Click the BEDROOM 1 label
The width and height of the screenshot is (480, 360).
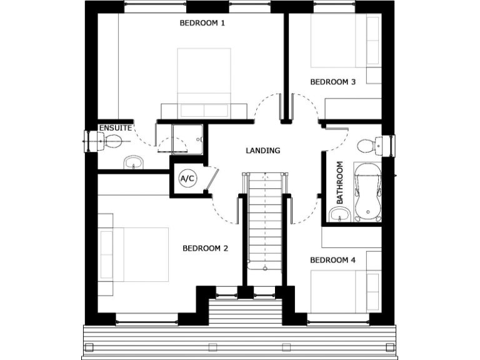[x=202, y=23]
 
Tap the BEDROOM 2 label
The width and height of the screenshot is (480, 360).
[x=205, y=248]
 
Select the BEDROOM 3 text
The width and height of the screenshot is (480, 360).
[x=332, y=81]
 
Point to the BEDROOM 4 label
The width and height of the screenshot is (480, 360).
[x=332, y=259]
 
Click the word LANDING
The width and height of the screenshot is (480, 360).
[x=263, y=150]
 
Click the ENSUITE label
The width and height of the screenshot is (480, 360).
[x=116, y=127]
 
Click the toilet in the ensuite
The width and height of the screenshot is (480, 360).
[x=110, y=142]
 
